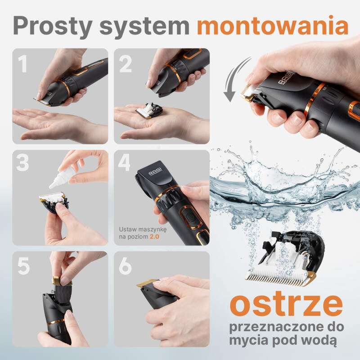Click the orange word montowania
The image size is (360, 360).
click(273, 25)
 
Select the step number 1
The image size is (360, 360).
click(23, 63)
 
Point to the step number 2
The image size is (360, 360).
click(126, 63)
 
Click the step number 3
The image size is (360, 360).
click(22, 162)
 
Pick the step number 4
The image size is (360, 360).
click(124, 162)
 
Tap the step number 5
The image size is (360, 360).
click(24, 266)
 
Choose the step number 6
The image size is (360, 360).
click(125, 266)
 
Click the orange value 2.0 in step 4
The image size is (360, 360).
click(154, 237)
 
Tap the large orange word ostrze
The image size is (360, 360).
click(286, 304)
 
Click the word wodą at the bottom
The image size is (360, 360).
click(321, 340)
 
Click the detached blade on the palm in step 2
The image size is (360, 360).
click(149, 110)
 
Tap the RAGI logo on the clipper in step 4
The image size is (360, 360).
click(155, 171)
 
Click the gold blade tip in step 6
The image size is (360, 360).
click(147, 283)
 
